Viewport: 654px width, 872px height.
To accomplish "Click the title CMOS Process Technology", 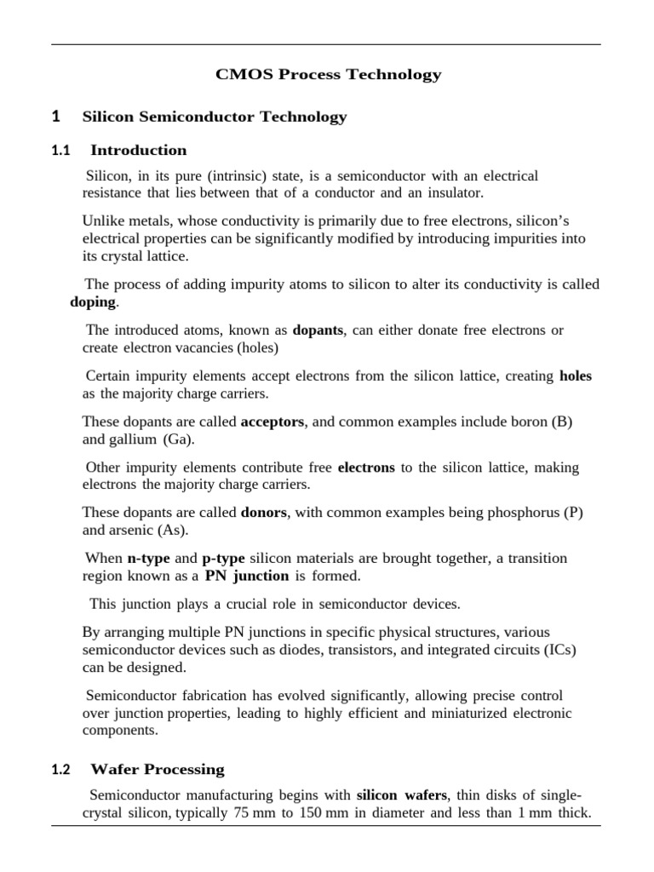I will [x=329, y=75].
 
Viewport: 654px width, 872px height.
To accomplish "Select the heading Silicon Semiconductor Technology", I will [x=214, y=117].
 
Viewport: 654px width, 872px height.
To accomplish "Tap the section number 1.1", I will [x=60, y=151].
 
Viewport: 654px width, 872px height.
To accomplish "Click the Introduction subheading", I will [x=139, y=151].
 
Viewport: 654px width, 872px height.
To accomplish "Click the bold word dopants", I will [x=318, y=330].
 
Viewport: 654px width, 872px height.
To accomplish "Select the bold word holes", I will [x=576, y=376].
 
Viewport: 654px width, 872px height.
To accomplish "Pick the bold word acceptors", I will [x=272, y=422].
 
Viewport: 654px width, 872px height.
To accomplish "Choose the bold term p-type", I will [x=223, y=559].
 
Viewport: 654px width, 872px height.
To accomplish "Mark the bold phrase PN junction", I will [x=246, y=577].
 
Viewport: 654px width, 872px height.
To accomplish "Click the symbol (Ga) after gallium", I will [x=179, y=439].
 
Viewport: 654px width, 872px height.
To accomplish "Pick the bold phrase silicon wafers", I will [x=399, y=795].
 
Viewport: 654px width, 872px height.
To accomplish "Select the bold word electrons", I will [x=366, y=467].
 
